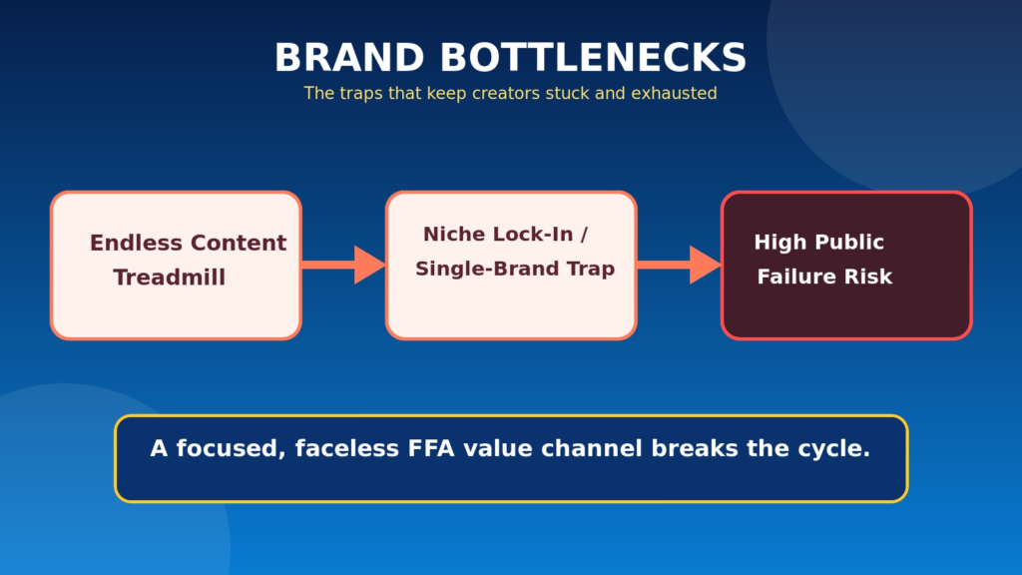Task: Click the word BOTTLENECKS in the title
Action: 593,57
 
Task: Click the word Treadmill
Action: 170,278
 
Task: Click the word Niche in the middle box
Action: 451,234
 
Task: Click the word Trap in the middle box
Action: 590,270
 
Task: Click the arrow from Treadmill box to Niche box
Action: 343,265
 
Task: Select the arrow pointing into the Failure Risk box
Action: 679,265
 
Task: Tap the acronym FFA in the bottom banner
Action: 431,448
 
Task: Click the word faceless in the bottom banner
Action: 346,448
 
